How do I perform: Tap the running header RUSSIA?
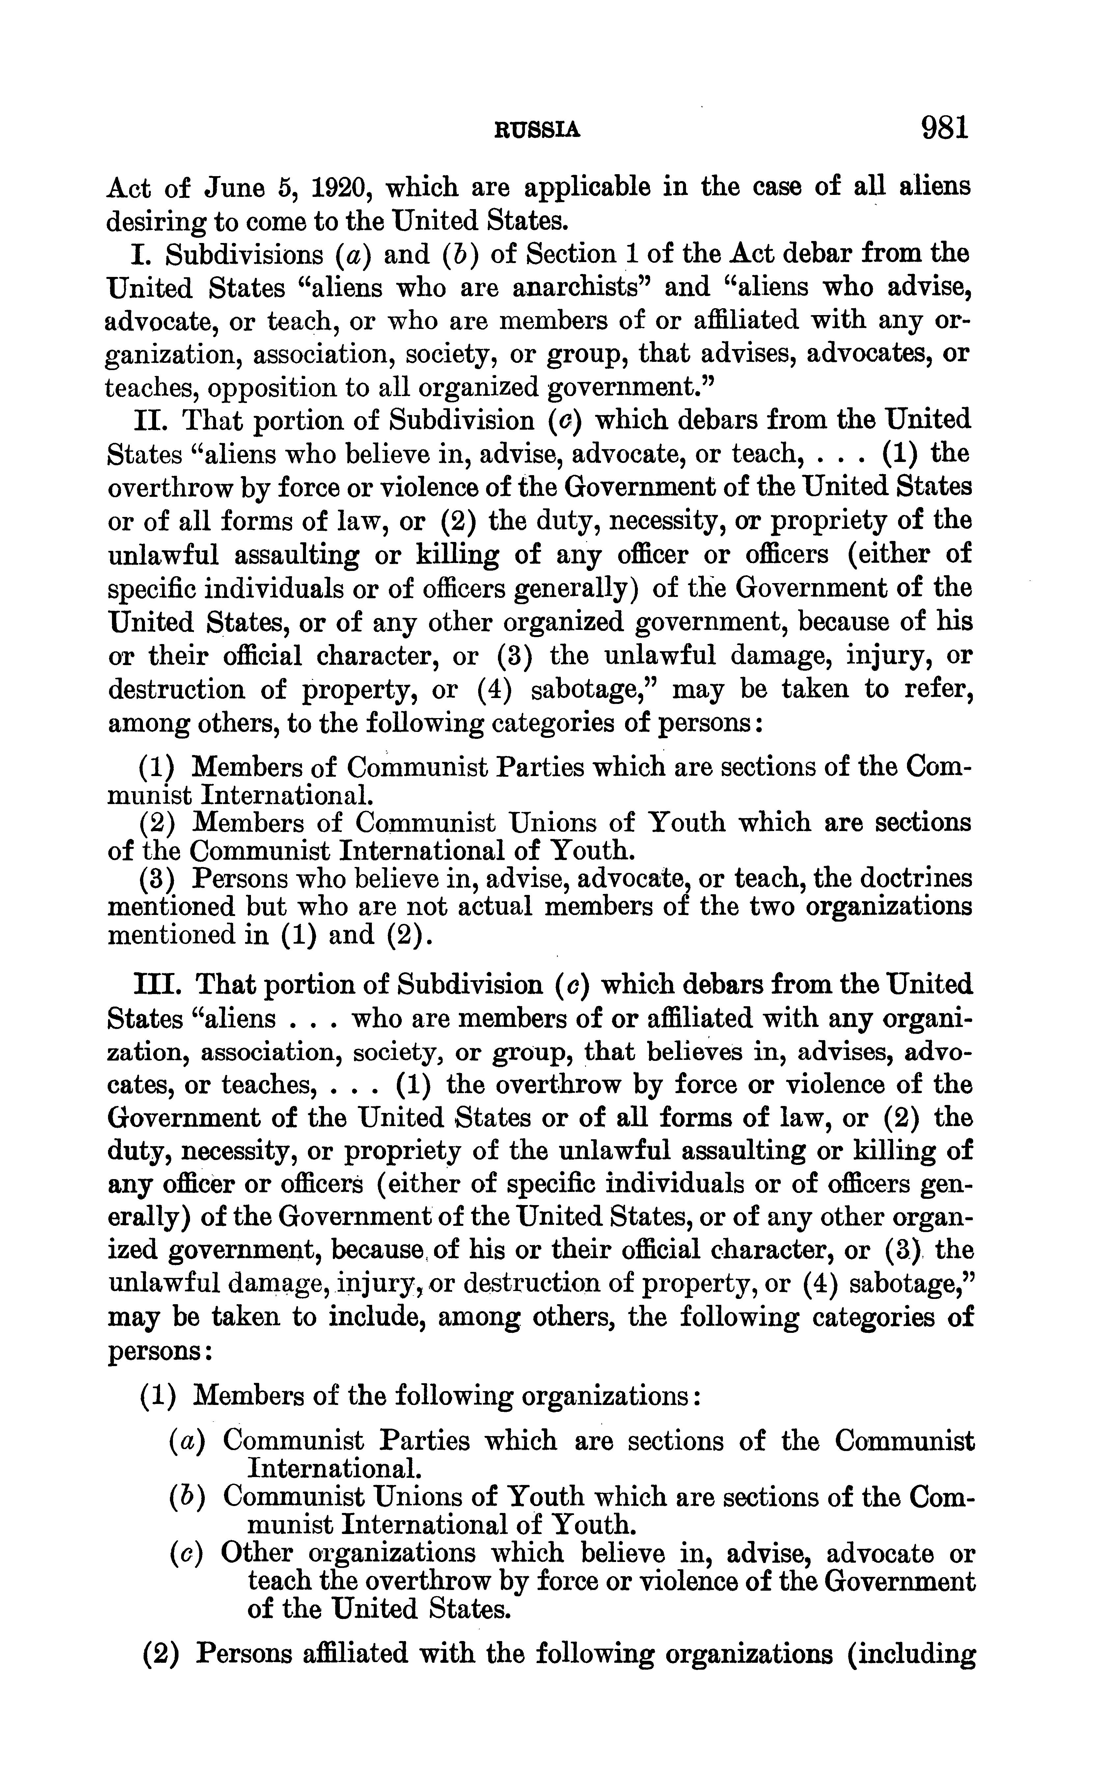click(537, 130)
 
